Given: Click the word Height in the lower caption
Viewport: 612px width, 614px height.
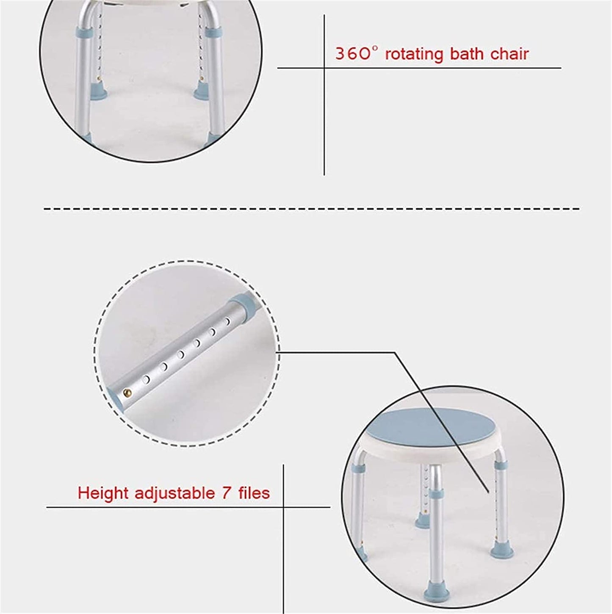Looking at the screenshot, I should [x=102, y=493].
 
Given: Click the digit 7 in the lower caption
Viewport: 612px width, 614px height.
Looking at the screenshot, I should [x=226, y=493].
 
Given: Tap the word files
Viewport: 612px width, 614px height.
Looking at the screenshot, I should [x=254, y=493].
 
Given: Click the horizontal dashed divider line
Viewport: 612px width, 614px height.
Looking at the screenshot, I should [x=311, y=209].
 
